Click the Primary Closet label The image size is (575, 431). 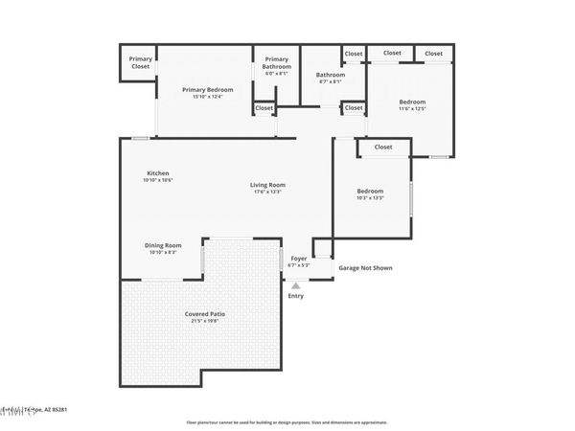pyautogui.click(x=141, y=62)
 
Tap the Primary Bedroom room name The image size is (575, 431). pyautogui.click(x=207, y=89)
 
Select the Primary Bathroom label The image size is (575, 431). pyautogui.click(x=276, y=62)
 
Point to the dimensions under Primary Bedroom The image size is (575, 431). pyautogui.click(x=207, y=97)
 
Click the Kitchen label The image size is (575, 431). pyautogui.click(x=157, y=173)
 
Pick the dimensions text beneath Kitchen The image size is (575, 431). pyautogui.click(x=157, y=181)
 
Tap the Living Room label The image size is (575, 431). pyautogui.click(x=268, y=185)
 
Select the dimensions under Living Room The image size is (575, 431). pyautogui.click(x=268, y=193)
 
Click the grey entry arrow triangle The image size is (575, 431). pyautogui.click(x=296, y=284)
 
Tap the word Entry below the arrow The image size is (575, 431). pyautogui.click(x=296, y=296)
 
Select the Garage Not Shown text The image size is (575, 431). pyautogui.click(x=365, y=268)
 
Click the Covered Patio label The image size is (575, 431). pyautogui.click(x=205, y=314)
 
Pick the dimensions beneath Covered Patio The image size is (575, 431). pyautogui.click(x=205, y=322)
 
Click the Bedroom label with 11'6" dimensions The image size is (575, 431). pyautogui.click(x=412, y=102)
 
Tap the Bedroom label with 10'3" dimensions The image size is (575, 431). pyautogui.click(x=370, y=191)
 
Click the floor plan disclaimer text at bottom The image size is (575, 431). pyautogui.click(x=287, y=420)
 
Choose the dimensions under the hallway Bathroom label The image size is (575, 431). pyautogui.click(x=330, y=82)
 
